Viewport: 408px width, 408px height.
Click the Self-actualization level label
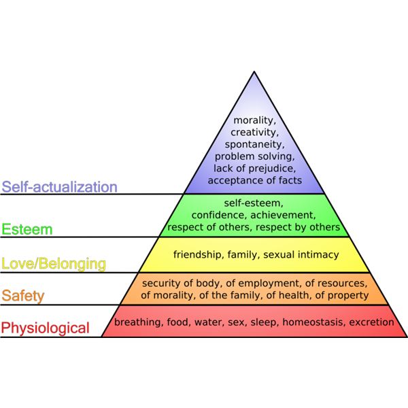point(60,187)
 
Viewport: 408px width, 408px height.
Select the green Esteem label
point(27,229)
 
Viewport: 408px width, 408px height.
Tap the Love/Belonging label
point(54,263)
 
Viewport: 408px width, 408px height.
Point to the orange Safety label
point(23,296)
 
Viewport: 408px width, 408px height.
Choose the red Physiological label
point(45,328)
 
